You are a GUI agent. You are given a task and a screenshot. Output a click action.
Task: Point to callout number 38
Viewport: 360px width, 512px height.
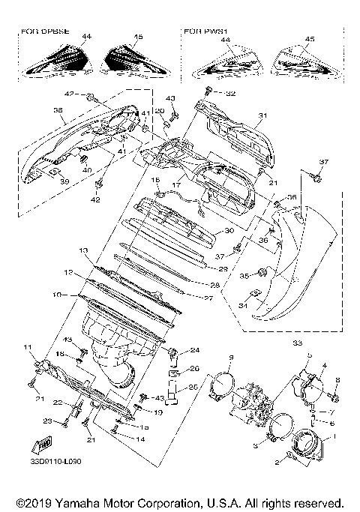coord(57,109)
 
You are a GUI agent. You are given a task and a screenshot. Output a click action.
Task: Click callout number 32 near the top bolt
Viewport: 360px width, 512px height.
coord(230,93)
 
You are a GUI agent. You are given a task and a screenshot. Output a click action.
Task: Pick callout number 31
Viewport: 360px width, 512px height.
coord(262,115)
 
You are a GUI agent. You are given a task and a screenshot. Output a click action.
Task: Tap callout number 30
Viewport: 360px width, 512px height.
coord(229,232)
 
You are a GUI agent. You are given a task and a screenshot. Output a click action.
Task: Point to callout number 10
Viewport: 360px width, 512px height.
coord(57,295)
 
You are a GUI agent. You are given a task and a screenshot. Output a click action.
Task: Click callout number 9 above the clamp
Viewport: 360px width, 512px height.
coord(232,355)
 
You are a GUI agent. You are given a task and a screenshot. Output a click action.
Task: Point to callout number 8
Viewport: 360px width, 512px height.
coord(337,381)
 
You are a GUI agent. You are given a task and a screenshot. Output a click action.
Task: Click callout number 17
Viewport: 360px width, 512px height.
coord(177,184)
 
